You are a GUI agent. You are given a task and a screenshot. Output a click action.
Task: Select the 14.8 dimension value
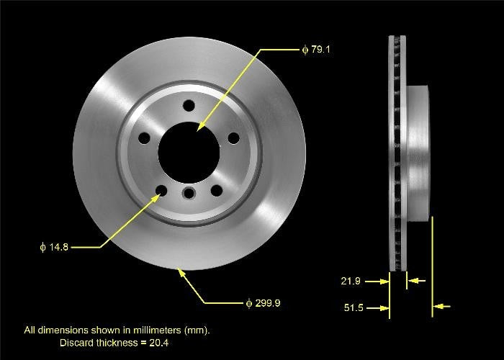58,247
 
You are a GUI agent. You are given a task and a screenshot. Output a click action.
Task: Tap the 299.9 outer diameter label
267,303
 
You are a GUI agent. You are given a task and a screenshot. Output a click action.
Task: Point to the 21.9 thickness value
351,281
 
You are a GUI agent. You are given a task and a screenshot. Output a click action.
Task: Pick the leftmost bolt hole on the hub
143,137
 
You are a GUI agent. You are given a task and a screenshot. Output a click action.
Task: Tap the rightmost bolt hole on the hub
233,138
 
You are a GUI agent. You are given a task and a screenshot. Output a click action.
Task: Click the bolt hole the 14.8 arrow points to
161,190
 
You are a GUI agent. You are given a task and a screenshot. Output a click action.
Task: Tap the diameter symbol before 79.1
305,50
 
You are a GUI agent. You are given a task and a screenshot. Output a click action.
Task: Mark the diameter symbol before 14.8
42,247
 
